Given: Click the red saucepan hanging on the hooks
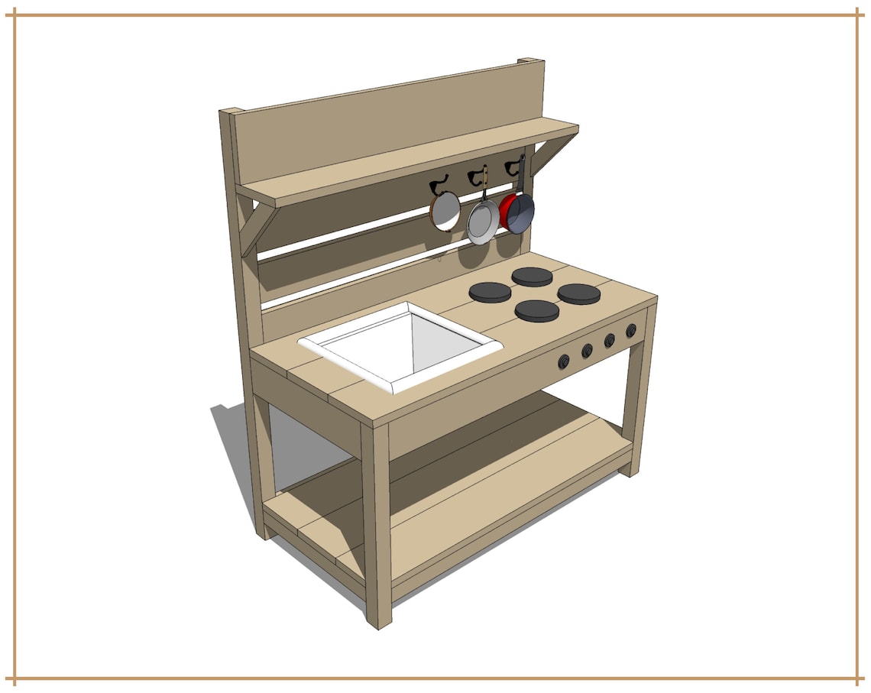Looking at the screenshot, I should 517,212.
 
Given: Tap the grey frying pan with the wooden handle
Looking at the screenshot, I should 482,221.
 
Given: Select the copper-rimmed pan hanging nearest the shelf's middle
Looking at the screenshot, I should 445,210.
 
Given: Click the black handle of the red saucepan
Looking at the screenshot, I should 521,176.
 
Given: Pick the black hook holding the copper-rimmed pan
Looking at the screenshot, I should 439,183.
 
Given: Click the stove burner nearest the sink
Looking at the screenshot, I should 490,292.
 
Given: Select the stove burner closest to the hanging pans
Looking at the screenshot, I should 531,276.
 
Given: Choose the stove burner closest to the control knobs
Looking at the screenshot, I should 537,310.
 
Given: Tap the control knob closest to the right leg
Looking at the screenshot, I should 631,331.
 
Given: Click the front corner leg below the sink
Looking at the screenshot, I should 377,527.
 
